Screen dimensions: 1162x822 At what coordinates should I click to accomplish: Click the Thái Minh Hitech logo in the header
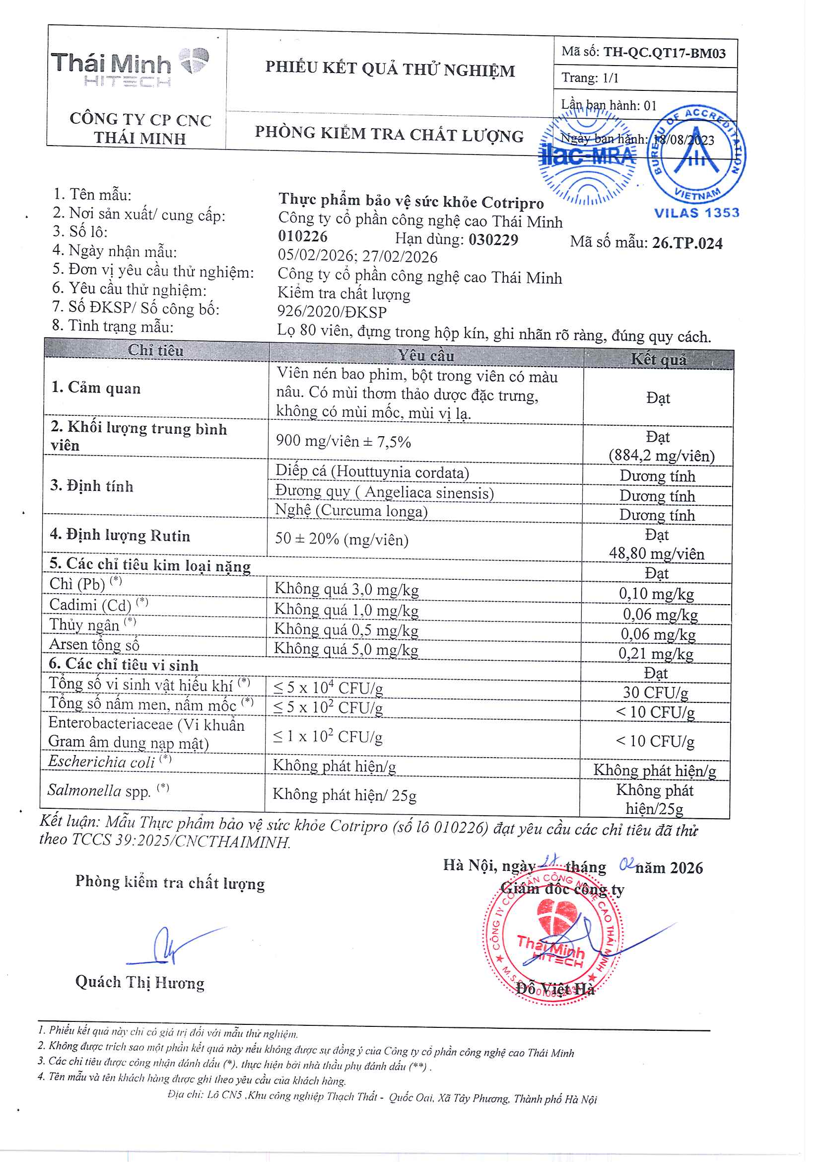130,70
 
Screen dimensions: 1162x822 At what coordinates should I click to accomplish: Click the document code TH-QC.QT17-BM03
664,53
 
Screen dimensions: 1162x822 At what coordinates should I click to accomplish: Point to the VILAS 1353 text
696,213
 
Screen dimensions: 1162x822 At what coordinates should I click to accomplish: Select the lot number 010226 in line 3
303,236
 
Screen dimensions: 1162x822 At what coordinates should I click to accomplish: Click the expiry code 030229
493,239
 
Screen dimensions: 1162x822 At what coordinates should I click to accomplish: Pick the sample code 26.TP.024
687,243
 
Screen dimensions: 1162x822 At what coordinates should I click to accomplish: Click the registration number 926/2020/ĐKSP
332,312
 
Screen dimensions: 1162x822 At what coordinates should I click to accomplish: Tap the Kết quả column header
658,360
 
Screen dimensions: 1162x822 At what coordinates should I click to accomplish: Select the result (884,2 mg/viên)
662,456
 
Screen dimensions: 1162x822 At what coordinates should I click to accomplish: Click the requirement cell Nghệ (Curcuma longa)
351,511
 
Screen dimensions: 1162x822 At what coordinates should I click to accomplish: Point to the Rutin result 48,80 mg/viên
657,553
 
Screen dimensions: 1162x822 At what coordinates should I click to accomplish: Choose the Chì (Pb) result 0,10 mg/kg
657,594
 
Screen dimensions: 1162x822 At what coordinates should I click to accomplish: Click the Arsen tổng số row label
94,644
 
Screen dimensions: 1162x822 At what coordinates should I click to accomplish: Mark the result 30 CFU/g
656,693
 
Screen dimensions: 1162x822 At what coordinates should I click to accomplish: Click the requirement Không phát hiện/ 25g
344,795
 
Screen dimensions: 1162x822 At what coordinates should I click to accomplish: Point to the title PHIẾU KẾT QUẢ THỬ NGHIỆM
390,70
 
